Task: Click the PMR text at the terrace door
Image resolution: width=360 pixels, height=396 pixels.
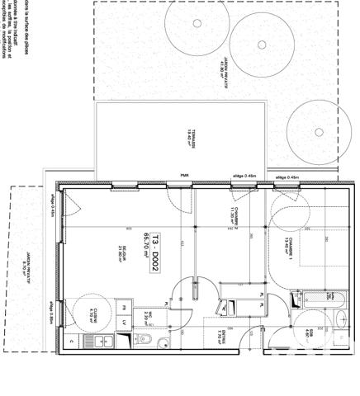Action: [x=184, y=176]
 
